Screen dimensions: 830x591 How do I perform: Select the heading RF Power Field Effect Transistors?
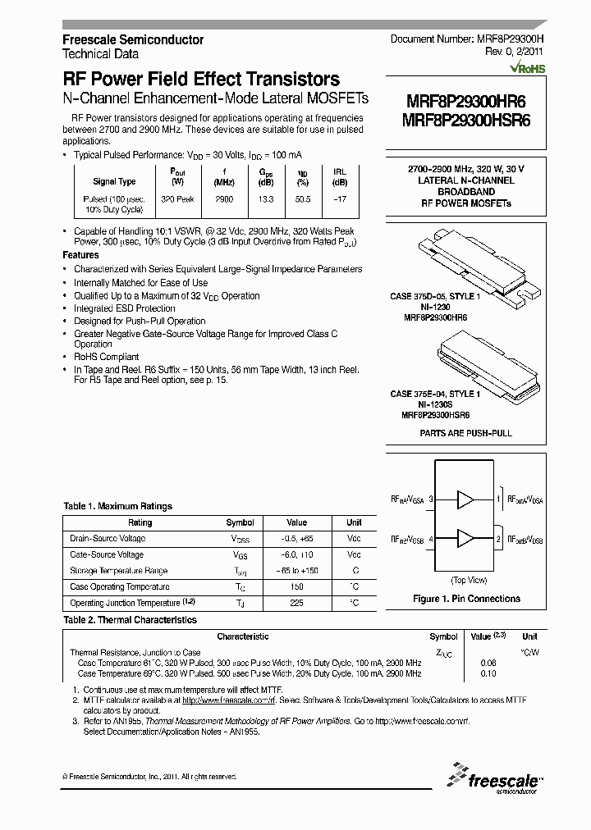201,80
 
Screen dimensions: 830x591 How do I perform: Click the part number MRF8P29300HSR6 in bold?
466,119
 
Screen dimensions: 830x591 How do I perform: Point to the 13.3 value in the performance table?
266,199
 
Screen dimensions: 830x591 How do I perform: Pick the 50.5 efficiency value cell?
303,199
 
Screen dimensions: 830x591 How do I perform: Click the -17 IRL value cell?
339,199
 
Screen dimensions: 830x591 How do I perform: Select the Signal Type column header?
114,181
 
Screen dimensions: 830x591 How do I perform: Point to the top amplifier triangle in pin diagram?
466,499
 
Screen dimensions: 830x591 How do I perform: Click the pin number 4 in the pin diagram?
431,539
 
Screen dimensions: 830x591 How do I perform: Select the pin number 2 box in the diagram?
497,539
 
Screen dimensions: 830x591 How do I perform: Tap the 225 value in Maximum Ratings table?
296,603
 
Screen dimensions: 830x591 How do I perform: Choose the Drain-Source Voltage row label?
108,538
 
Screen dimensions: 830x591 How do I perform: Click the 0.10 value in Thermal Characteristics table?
488,673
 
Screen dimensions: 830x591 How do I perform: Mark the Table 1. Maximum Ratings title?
118,506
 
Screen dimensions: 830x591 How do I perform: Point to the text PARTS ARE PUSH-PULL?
465,431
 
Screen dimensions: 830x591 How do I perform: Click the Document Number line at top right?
466,39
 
